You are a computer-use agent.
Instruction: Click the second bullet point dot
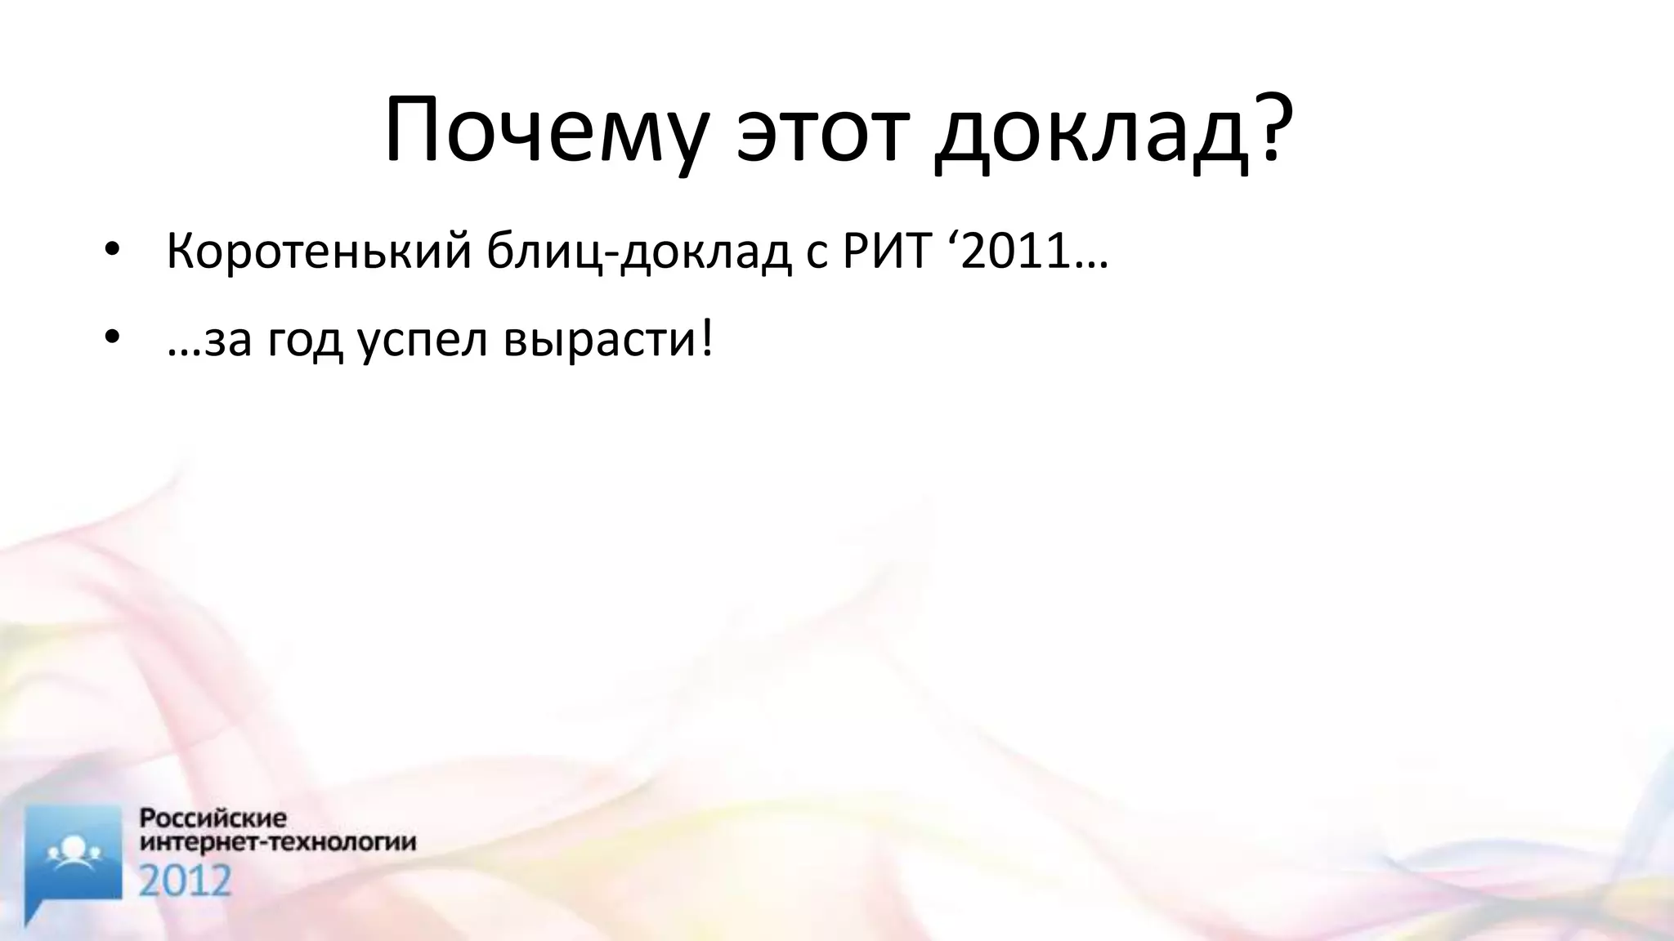tap(112, 338)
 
